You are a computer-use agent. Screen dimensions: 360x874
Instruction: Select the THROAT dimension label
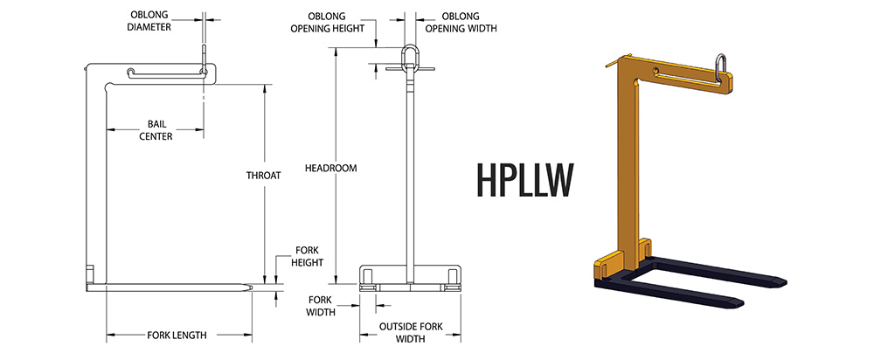pyautogui.click(x=263, y=175)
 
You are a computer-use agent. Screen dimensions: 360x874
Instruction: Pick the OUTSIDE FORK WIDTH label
pyautogui.click(x=408, y=332)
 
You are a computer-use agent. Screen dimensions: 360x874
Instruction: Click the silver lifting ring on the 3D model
pyautogui.click(x=723, y=69)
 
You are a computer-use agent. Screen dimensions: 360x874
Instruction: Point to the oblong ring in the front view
pyautogui.click(x=408, y=57)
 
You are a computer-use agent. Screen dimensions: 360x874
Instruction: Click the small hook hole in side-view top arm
pyautogui.click(x=130, y=72)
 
